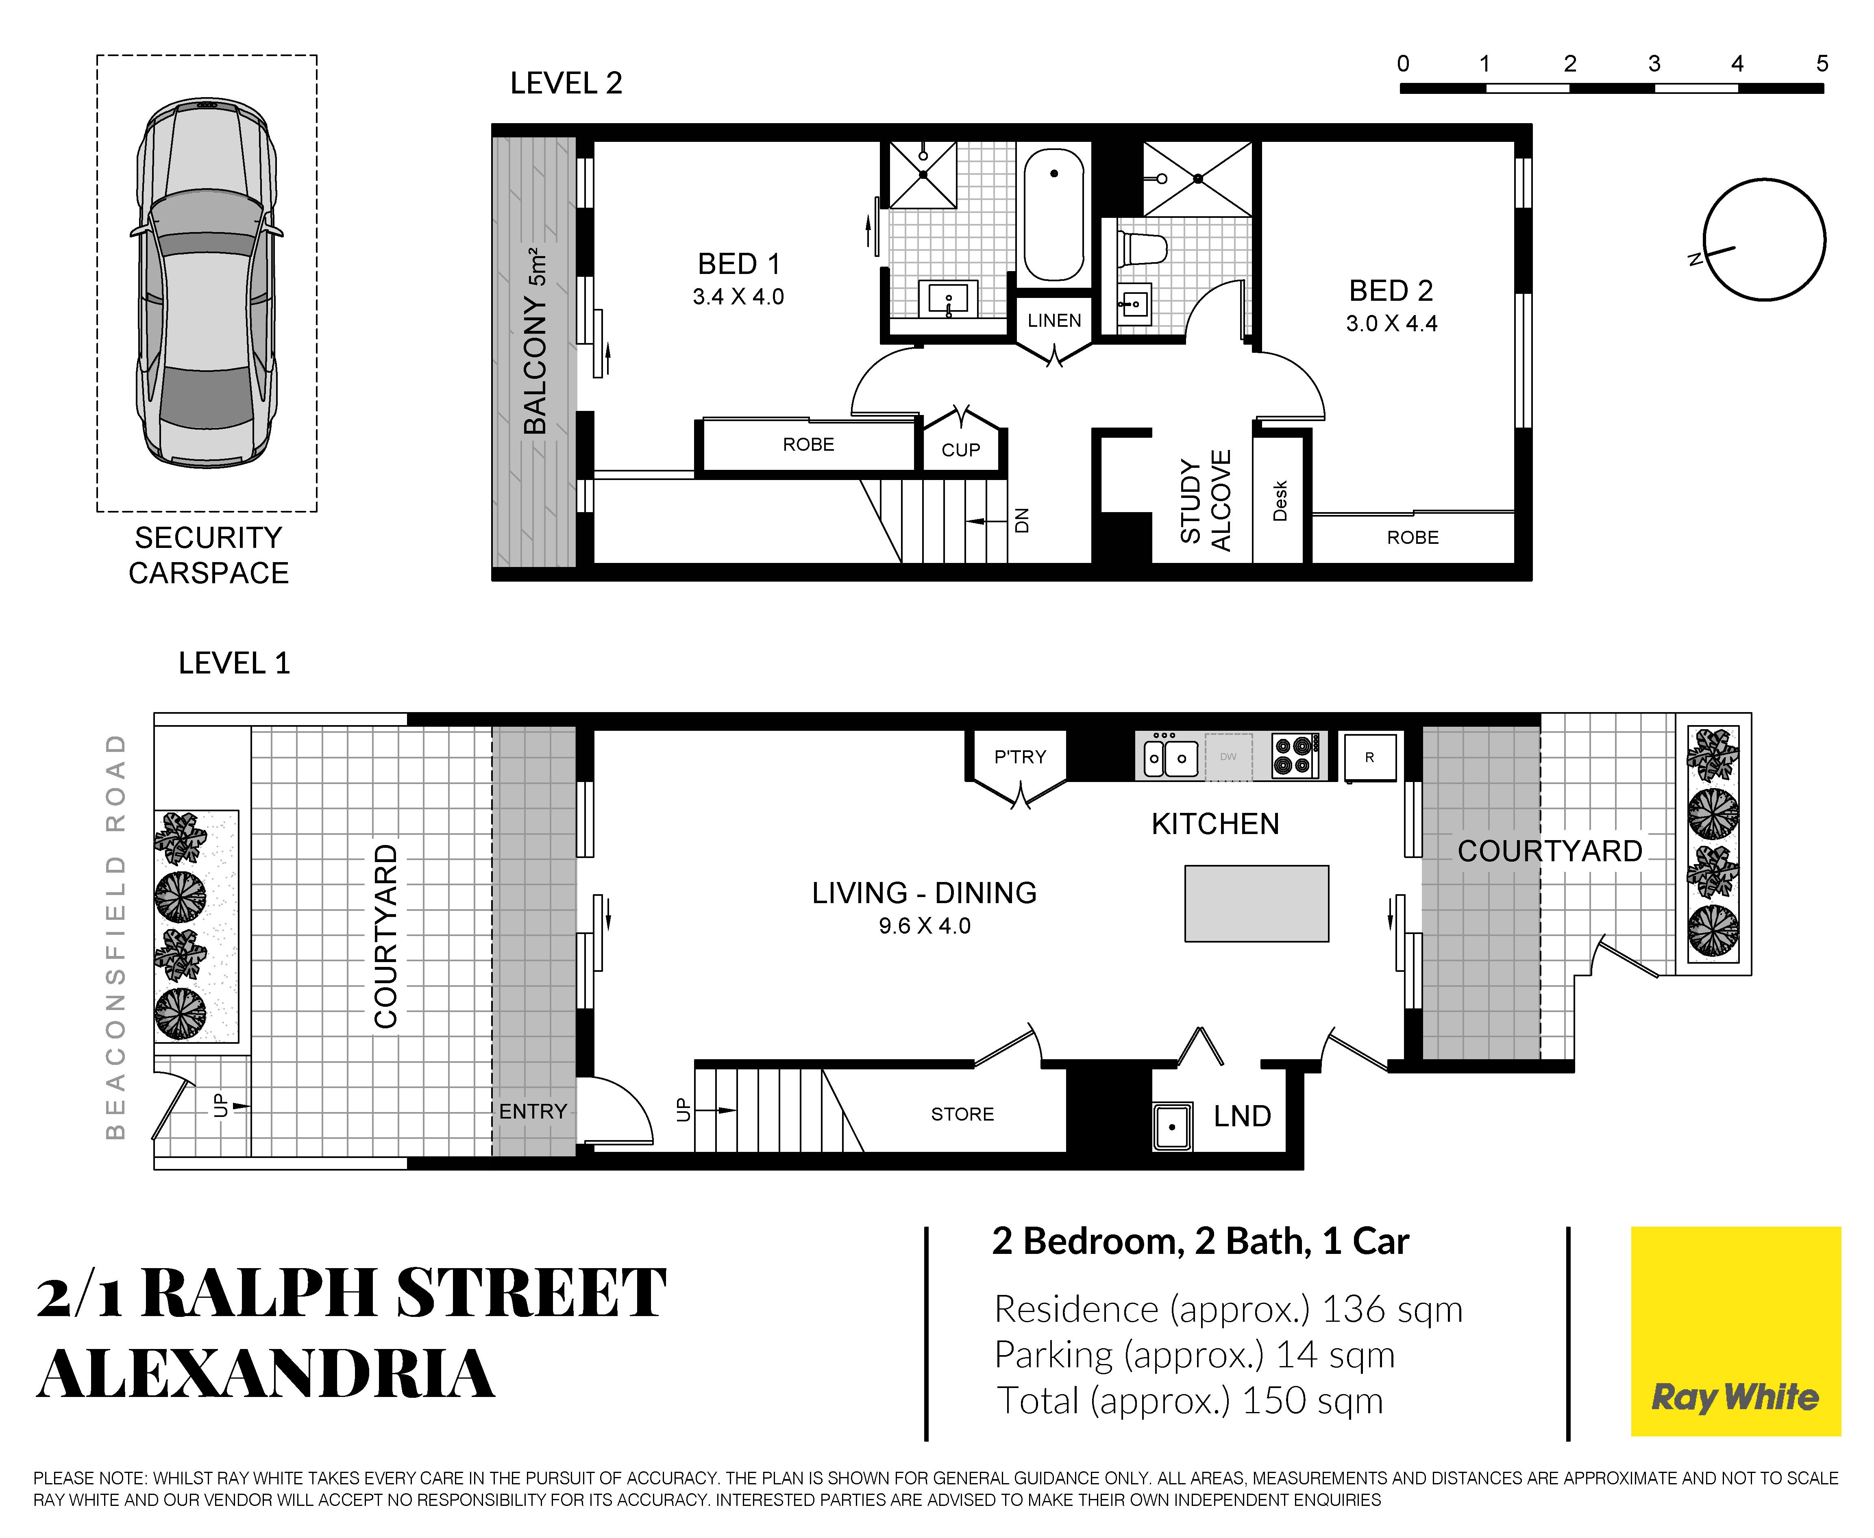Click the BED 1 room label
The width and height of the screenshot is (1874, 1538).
pos(738,264)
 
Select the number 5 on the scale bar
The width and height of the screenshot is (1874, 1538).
pos(1822,64)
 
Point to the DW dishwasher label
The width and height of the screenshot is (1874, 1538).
pos(1228,756)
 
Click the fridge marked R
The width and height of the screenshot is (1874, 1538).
pos(1370,758)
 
